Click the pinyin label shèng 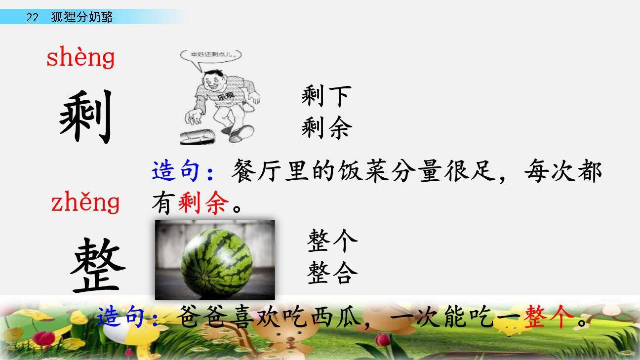[x=80, y=58]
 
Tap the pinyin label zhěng [x=85, y=202]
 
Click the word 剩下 [x=326, y=96]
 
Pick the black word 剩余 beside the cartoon [x=326, y=128]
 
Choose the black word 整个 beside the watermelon [x=332, y=241]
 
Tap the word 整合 [x=332, y=273]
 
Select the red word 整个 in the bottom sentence [x=550, y=317]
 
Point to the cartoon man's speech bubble [x=211, y=55]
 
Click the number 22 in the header [x=32, y=18]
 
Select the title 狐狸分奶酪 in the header [x=82, y=18]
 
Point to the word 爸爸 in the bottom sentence [x=202, y=317]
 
